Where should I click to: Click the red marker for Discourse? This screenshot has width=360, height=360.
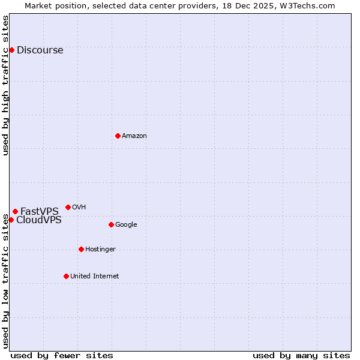click(x=11, y=50)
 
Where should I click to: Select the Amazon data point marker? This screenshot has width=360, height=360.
click(x=118, y=136)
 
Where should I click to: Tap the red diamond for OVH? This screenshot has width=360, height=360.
click(x=68, y=207)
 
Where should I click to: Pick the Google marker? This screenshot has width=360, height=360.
click(x=111, y=224)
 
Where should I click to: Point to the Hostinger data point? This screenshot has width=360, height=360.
click(x=81, y=249)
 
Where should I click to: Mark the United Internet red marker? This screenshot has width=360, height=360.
click(x=66, y=276)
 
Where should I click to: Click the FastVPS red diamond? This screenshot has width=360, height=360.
click(x=15, y=211)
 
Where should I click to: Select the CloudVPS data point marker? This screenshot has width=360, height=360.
click(x=11, y=220)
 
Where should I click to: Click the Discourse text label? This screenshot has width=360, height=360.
click(x=40, y=50)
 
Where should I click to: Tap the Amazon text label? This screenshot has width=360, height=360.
click(x=134, y=136)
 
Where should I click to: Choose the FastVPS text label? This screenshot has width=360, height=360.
click(x=40, y=211)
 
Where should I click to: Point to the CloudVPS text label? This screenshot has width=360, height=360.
click(x=38, y=220)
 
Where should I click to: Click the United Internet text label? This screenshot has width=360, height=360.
click(x=94, y=277)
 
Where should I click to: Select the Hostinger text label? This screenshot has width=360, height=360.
click(x=100, y=250)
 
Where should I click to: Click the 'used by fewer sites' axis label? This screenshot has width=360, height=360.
click(x=62, y=355)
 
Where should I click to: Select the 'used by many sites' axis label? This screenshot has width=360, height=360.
click(x=301, y=355)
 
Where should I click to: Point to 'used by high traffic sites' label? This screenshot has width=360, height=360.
click(x=5, y=85)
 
